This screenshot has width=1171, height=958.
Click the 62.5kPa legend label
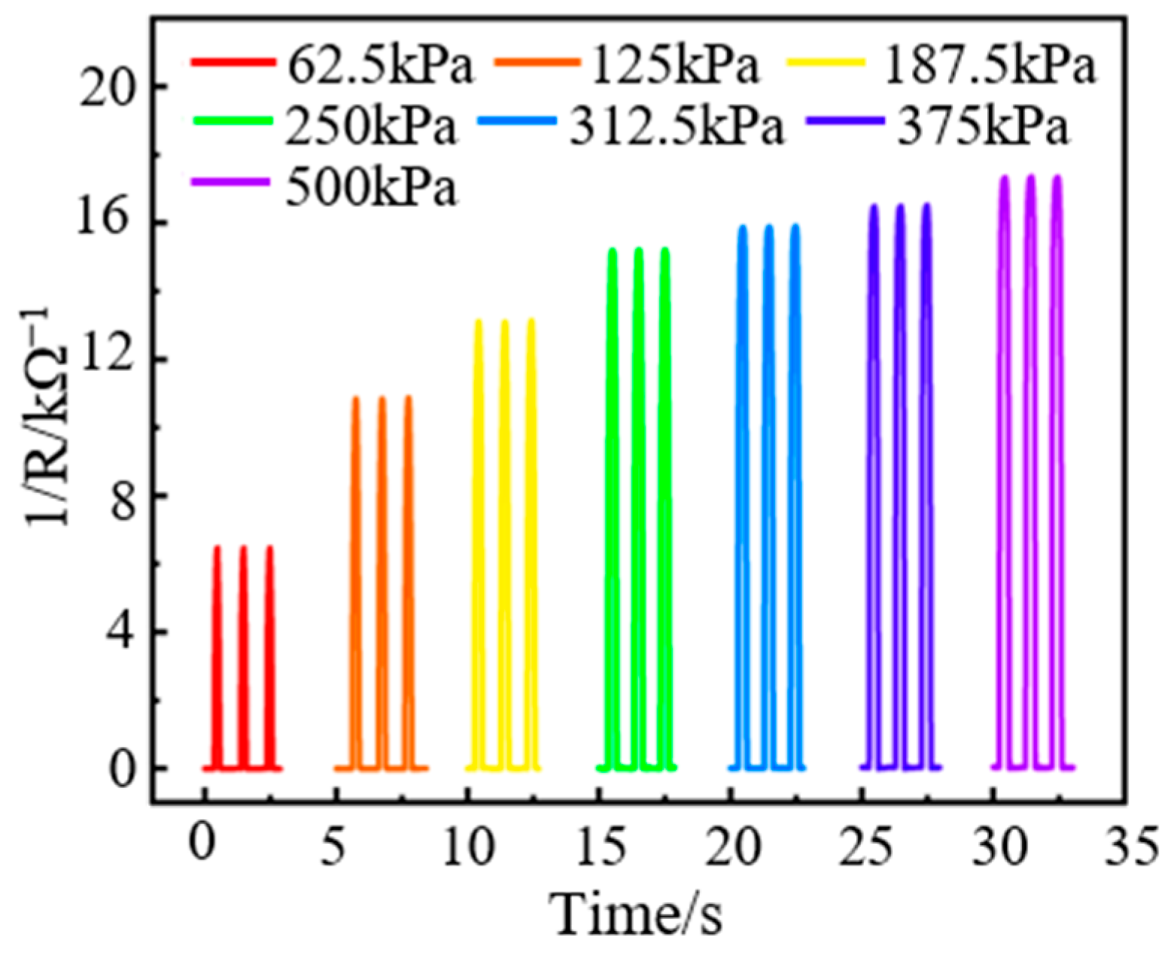click(379, 66)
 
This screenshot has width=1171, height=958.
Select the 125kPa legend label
click(674, 66)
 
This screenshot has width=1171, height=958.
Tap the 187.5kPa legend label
click(989, 66)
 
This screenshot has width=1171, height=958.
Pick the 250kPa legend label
click(370, 127)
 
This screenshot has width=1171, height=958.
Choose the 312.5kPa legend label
click(676, 127)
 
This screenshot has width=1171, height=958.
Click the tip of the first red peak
click(217, 547)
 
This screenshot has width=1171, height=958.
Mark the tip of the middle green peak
click(639, 249)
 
